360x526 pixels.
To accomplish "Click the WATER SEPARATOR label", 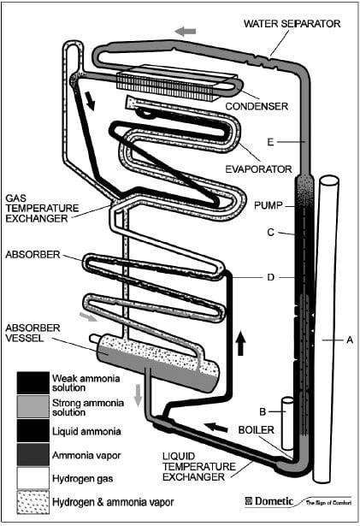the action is coord(292,24).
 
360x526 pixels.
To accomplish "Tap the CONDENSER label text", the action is coord(257,106).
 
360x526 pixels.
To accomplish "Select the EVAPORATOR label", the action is coord(259,169).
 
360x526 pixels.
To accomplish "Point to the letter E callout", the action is coord(270,142).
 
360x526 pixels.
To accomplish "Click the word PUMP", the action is coord(269,205).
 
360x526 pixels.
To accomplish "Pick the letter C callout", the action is coord(271,232).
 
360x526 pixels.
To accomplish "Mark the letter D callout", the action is coord(270,277).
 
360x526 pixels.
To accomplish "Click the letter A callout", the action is coord(350,340).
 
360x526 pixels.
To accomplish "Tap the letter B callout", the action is coord(263,411).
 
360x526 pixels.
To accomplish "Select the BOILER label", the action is coord(257,429).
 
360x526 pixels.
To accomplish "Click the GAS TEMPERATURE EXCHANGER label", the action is coord(42,209).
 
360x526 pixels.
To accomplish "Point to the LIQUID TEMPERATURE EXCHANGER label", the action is coord(199,466).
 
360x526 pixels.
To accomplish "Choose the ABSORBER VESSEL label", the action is coord(32,333).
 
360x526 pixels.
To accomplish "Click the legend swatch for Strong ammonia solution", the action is coord(33,406).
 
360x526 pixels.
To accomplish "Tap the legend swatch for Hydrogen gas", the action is coord(33,478).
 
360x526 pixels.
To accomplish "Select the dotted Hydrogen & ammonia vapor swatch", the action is coord(33,502).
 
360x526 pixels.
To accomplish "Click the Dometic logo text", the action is coord(269,501).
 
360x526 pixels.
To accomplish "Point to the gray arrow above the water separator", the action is coord(186,32).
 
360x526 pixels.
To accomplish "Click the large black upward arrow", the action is coord(240,342).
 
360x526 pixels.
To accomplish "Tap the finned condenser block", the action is coord(168,82).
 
